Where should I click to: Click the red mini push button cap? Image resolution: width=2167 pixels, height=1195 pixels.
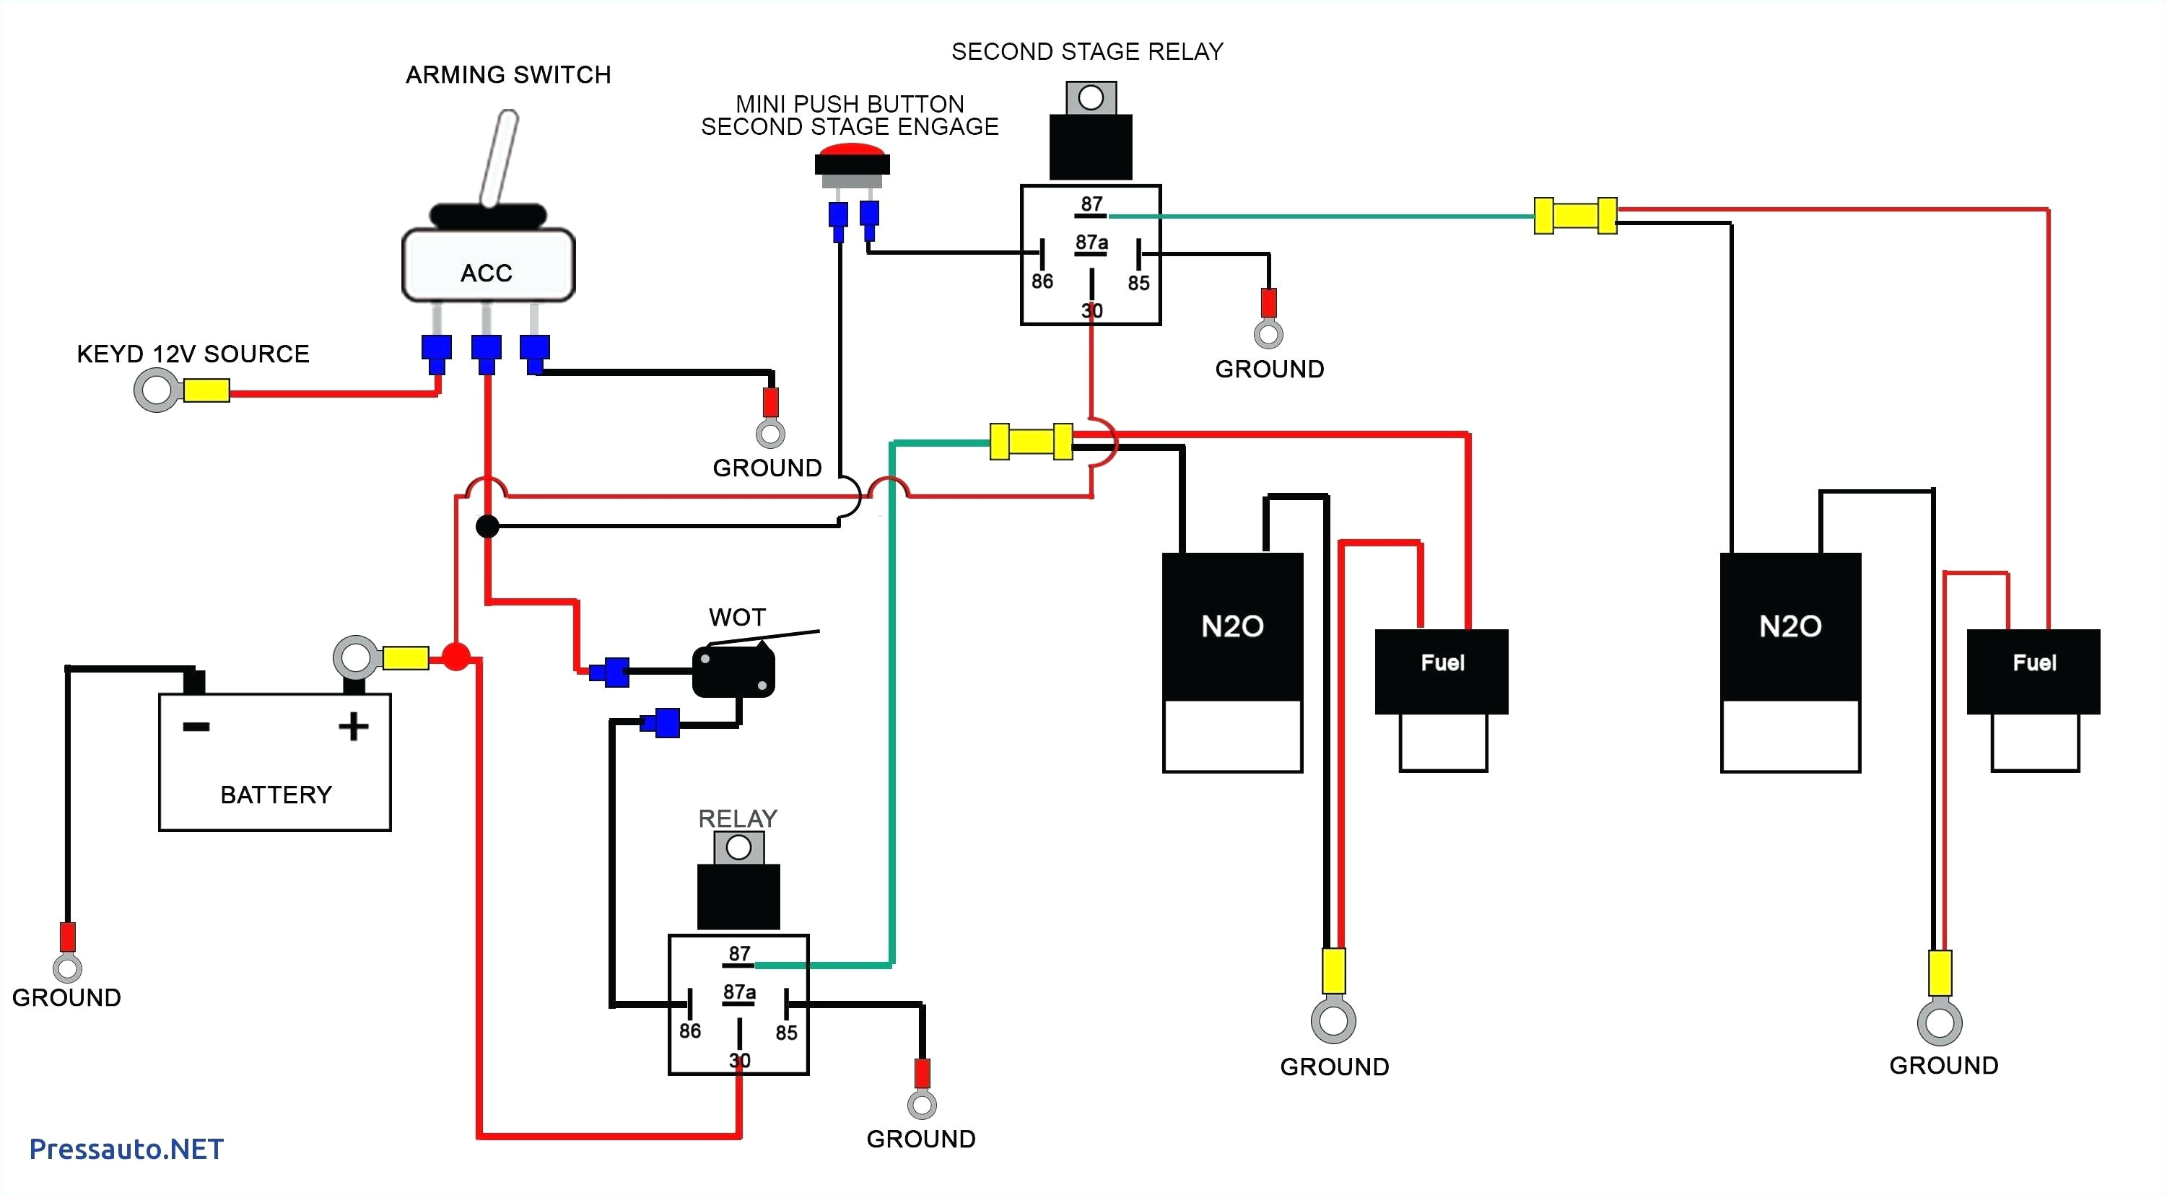pos(851,152)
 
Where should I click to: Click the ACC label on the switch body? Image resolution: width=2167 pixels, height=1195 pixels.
pos(487,273)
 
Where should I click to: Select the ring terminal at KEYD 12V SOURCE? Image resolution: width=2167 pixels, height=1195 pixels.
pos(157,391)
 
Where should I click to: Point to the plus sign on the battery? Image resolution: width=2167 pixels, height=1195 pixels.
pos(353,727)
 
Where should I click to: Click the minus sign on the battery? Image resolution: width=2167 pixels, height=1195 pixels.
pos(196,727)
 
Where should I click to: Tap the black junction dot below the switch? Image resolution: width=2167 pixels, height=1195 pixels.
pos(488,527)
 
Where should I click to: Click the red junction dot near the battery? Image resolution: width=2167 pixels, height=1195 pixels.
pos(456,657)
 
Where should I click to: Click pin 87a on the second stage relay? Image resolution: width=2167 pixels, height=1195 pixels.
pos(1091,244)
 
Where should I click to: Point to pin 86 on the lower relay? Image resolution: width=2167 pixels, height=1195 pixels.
pos(690,1030)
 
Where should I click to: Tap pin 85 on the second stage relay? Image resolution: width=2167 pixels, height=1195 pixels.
pos(1138,283)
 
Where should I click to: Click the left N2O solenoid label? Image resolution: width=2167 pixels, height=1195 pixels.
pos(1232,626)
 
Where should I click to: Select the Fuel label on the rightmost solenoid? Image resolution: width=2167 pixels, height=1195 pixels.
pos(2034,662)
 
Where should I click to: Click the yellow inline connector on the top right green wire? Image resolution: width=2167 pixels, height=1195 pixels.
pos(1575,216)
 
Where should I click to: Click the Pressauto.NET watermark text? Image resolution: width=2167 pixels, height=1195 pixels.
pos(126,1149)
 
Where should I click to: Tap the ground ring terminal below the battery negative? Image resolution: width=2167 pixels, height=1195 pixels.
pos(67,968)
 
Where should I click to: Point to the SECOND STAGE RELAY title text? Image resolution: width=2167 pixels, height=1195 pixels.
pos(1087,52)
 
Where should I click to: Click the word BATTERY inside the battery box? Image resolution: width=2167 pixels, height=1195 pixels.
pos(276,795)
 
